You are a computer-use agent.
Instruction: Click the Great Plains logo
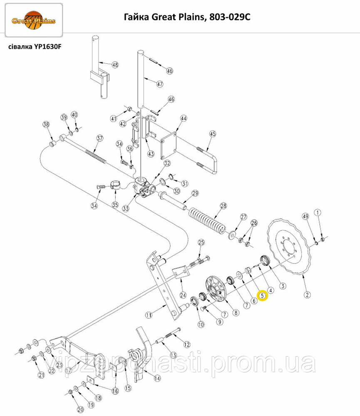tap(34, 20)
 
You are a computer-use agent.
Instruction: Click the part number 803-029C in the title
tap(230, 17)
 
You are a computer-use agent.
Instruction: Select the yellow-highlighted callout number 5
tap(263, 295)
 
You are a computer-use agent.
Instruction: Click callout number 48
tap(115, 65)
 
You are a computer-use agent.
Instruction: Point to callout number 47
tap(159, 84)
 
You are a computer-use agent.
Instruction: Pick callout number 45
tap(213, 134)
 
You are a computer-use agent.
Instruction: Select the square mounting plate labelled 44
tap(169, 146)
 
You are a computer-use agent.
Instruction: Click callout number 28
tap(223, 206)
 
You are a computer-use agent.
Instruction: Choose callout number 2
tap(307, 295)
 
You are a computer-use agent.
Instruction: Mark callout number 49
tap(305, 216)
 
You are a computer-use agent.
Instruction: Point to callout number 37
tap(99, 138)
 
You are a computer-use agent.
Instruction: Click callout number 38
tap(46, 124)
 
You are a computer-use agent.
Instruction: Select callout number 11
tap(149, 315)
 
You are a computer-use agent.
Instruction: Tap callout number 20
tap(80, 409)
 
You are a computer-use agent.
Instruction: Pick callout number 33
tap(126, 208)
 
